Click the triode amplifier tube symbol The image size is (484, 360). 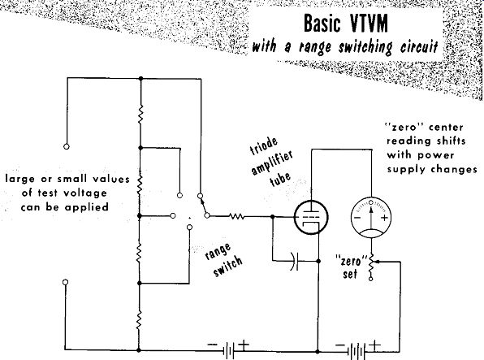[x=310, y=217]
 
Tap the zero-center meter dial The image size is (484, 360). [x=371, y=218]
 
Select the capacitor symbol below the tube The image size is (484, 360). [x=295, y=261]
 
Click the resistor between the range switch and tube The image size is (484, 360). [x=237, y=216]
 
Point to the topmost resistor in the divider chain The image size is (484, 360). [x=140, y=115]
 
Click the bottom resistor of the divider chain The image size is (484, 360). [x=139, y=320]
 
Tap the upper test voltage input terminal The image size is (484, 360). [x=67, y=146]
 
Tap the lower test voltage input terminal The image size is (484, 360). [x=65, y=282]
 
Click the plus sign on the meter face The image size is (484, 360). [x=384, y=218]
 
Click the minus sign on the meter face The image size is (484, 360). [x=357, y=218]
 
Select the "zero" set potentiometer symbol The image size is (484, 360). [x=371, y=265]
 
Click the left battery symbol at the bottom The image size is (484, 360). [x=228, y=350]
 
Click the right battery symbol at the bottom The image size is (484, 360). [x=357, y=351]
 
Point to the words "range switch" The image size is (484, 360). [x=224, y=260]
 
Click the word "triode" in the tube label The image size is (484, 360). [x=263, y=146]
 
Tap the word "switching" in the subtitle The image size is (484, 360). [x=365, y=47]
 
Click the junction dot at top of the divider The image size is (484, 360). [x=140, y=79]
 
